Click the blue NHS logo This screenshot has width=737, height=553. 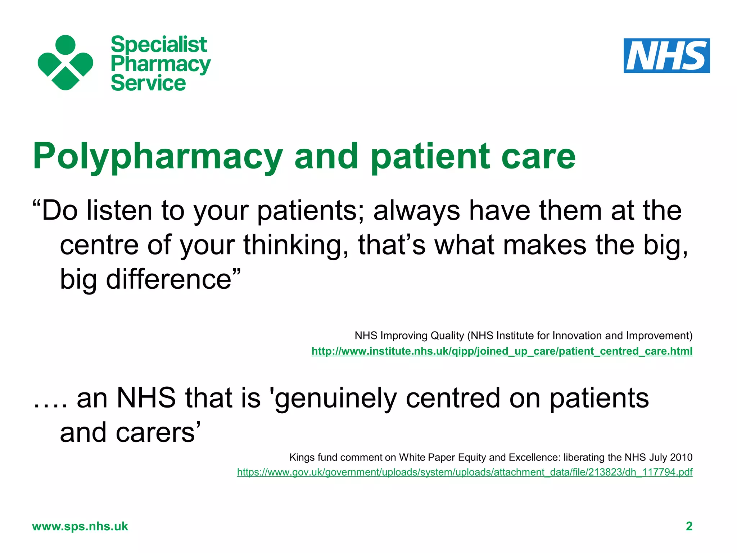click(666, 56)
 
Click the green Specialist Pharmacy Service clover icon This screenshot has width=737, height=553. click(65, 63)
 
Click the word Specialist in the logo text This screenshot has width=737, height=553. click(159, 45)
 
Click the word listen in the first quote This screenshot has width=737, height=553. click(119, 211)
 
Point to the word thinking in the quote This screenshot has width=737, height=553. click(295, 245)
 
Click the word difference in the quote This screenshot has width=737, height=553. click(168, 279)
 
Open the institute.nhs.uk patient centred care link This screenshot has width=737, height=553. click(502, 351)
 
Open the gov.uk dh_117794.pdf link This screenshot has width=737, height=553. click(465, 472)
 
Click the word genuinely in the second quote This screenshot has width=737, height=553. click(335, 399)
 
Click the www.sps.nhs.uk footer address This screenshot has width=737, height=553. click(80, 526)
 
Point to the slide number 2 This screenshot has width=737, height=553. click(689, 526)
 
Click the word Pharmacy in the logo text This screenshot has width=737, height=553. click(160, 64)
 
